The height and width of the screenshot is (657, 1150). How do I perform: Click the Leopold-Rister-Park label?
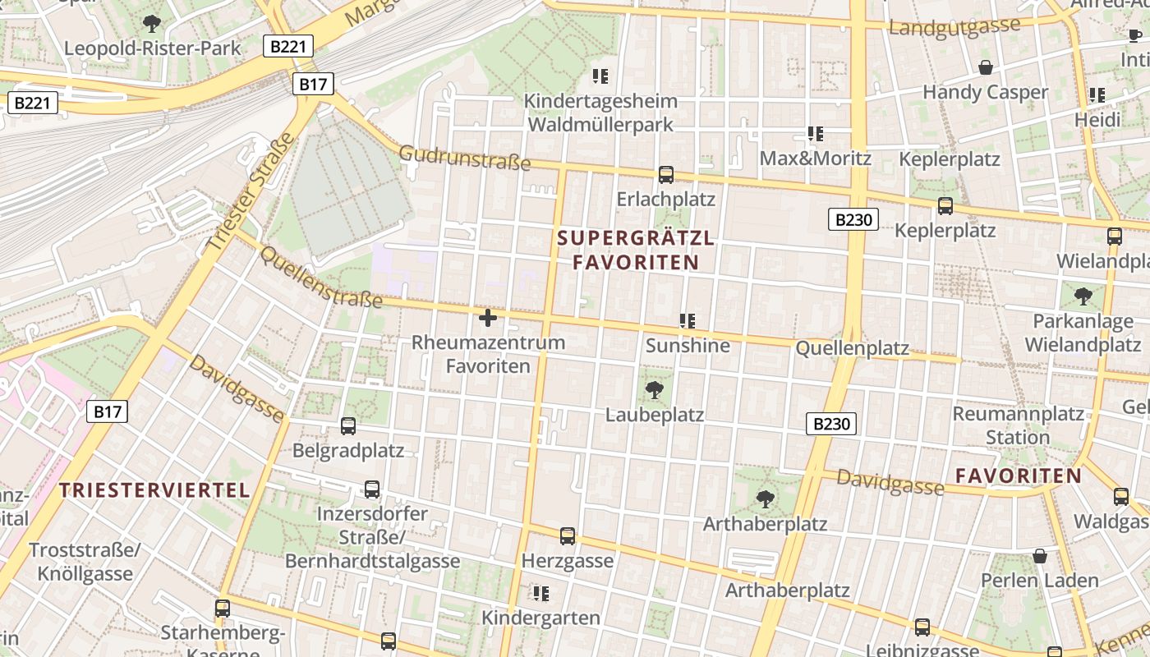pyautogui.click(x=153, y=48)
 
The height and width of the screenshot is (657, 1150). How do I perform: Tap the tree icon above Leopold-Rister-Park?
pyautogui.click(x=152, y=23)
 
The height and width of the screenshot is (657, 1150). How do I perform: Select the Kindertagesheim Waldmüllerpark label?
pyautogui.click(x=600, y=113)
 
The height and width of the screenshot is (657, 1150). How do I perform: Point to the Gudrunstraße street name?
pyautogui.click(x=465, y=157)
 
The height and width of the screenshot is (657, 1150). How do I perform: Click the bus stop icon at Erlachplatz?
pyautogui.click(x=666, y=175)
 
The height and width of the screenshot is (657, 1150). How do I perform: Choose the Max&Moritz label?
pyautogui.click(x=815, y=158)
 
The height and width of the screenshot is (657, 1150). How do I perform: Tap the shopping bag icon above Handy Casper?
pyautogui.click(x=985, y=67)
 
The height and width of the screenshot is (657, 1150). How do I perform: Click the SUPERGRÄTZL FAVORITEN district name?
pyautogui.click(x=636, y=250)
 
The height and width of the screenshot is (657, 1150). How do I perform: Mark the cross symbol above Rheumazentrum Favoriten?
pyautogui.click(x=488, y=318)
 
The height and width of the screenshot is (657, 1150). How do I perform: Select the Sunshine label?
pyautogui.click(x=688, y=346)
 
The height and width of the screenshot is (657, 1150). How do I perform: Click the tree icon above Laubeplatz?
pyautogui.click(x=655, y=389)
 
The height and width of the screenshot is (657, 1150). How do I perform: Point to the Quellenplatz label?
pyautogui.click(x=852, y=349)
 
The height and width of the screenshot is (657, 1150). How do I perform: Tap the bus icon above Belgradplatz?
pyautogui.click(x=348, y=426)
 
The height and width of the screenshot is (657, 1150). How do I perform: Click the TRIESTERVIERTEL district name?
pyautogui.click(x=154, y=491)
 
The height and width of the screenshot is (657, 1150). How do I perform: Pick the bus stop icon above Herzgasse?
pyautogui.click(x=568, y=536)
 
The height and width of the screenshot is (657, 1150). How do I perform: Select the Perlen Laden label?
pyautogui.click(x=1039, y=581)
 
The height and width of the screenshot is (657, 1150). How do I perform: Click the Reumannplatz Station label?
pyautogui.click(x=1018, y=425)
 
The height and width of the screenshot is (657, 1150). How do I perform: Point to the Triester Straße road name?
pyautogui.click(x=250, y=192)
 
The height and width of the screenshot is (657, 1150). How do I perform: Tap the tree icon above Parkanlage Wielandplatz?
pyautogui.click(x=1083, y=296)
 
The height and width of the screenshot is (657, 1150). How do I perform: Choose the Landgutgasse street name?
pyautogui.click(x=954, y=27)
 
